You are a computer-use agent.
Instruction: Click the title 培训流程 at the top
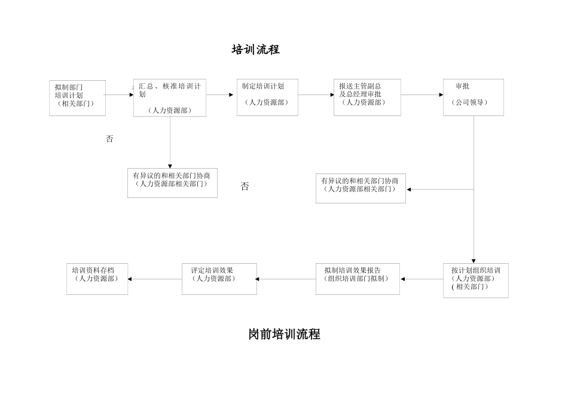(255, 50)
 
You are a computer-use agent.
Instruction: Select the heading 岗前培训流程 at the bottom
(284, 334)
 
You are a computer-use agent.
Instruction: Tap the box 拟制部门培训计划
(77, 98)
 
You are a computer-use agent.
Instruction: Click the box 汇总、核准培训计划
(170, 98)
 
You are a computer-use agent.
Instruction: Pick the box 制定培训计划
(267, 98)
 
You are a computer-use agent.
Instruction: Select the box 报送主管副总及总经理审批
(367, 98)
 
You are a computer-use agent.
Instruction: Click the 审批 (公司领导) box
(473, 98)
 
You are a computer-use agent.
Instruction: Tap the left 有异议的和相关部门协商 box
(172, 182)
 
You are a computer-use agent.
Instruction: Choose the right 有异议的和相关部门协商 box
(361, 188)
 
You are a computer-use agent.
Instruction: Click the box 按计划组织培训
(476, 280)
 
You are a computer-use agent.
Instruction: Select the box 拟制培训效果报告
(358, 279)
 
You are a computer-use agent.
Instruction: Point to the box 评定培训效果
(219, 279)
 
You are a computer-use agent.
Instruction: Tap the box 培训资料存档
(97, 279)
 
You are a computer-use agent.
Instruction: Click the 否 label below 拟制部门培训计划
(109, 139)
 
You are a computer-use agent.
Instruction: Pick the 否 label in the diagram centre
(245, 187)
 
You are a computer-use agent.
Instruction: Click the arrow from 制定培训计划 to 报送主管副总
(315, 95)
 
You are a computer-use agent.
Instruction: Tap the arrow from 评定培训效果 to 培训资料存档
(155, 279)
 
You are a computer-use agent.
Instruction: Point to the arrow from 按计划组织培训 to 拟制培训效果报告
(422, 279)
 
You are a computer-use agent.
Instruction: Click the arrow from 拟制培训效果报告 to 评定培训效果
(286, 279)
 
